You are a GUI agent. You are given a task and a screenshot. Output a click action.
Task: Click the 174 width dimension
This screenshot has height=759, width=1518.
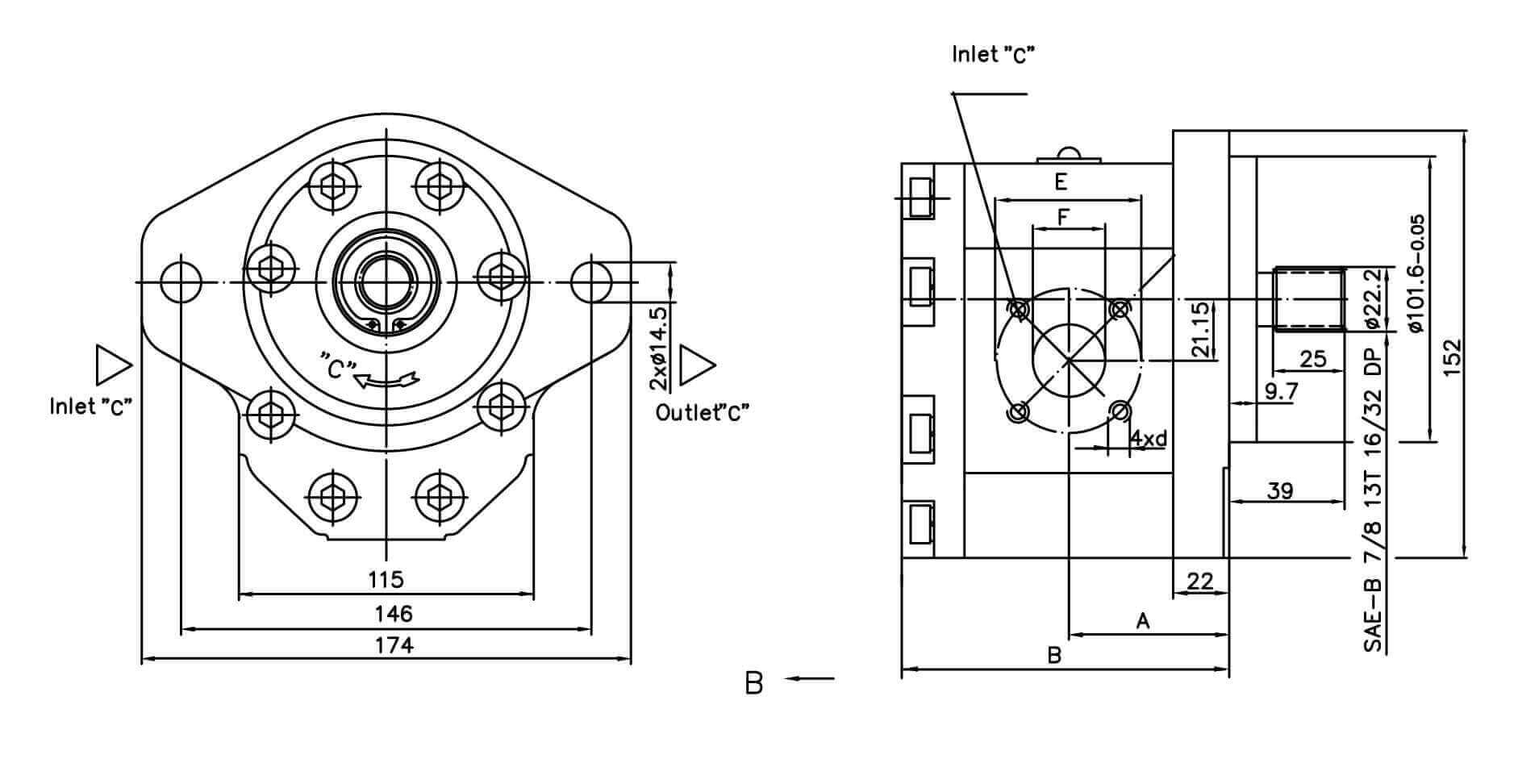pyautogui.click(x=394, y=645)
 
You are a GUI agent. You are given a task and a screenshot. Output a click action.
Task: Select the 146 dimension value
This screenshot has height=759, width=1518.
pyautogui.click(x=394, y=615)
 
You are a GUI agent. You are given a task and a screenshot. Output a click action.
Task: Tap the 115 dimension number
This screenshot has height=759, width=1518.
pyautogui.click(x=386, y=579)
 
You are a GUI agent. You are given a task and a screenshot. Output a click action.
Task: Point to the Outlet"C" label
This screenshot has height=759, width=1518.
pyautogui.click(x=703, y=413)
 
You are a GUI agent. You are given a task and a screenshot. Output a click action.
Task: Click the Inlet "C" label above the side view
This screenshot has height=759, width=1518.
pyautogui.click(x=994, y=54)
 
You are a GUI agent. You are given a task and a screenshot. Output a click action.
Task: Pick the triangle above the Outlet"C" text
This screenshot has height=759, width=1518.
pyautogui.click(x=696, y=365)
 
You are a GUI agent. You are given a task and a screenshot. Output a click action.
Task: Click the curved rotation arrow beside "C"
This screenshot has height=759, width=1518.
pyautogui.click(x=389, y=377)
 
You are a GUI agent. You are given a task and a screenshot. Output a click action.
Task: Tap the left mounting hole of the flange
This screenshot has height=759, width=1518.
pyautogui.click(x=181, y=281)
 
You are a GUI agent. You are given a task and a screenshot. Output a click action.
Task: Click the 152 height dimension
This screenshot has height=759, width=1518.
pyautogui.click(x=1451, y=356)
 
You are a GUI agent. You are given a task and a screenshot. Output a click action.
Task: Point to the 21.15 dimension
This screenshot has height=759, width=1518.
pyautogui.click(x=1201, y=330)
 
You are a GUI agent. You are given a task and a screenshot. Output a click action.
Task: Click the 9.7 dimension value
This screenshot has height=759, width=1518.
pyautogui.click(x=1281, y=392)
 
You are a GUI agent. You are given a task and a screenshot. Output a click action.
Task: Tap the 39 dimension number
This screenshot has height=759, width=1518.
pyautogui.click(x=1280, y=490)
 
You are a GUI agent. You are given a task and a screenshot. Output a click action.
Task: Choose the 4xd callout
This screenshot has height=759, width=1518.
pyautogui.click(x=1148, y=439)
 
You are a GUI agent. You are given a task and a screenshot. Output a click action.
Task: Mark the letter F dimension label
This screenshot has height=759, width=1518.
pyautogui.click(x=1063, y=217)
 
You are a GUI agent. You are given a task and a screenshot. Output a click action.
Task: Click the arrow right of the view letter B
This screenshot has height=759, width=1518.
pyautogui.click(x=810, y=679)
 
